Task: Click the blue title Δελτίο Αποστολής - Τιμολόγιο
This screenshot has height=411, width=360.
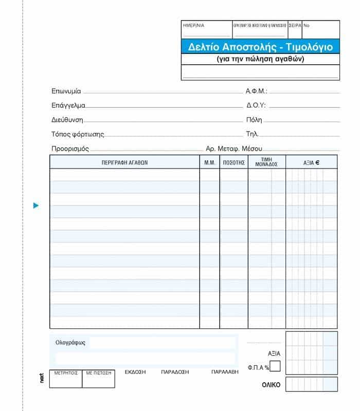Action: pyautogui.click(x=260, y=47)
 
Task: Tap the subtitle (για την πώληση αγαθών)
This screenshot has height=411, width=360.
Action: pyautogui.click(x=260, y=59)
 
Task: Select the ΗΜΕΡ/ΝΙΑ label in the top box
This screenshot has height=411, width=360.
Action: pyautogui.click(x=193, y=25)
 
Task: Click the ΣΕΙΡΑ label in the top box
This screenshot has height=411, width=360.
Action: pyautogui.click(x=295, y=25)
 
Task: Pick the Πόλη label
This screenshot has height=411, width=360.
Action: pyautogui.click(x=254, y=120)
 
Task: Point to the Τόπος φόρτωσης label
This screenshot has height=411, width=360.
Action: pyautogui.click(x=78, y=134)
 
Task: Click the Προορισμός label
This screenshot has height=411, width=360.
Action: pyautogui.click(x=70, y=148)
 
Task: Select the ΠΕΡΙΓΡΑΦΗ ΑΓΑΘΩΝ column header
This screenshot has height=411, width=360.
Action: pyautogui.click(x=124, y=162)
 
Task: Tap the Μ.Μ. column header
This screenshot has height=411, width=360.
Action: pyautogui.click(x=209, y=162)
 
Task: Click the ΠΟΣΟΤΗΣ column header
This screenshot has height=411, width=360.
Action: pyautogui.click(x=233, y=162)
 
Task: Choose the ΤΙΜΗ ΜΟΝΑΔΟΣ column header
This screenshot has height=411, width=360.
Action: pyautogui.click(x=266, y=162)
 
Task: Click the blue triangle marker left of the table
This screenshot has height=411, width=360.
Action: pyautogui.click(x=36, y=206)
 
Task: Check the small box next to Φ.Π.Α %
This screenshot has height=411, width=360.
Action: pyautogui.click(x=275, y=366)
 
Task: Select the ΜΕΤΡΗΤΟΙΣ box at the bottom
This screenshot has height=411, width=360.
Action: pyautogui.click(x=66, y=372)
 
